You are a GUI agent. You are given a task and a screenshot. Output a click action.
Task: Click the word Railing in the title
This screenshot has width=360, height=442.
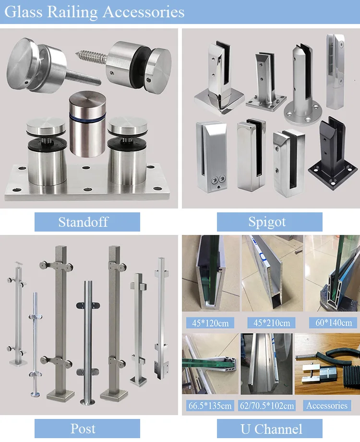tap(72, 12)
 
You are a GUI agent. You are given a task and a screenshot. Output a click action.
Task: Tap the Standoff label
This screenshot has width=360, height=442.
tap(84, 222)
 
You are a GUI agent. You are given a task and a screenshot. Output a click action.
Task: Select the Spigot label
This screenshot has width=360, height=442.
tap(267, 222)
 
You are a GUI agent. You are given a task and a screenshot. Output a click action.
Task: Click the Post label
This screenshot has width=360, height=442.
tap(83, 429)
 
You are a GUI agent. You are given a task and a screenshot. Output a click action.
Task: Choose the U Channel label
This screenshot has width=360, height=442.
tap(271, 429)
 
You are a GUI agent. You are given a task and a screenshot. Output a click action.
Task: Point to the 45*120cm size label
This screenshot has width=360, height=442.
tap(210, 323)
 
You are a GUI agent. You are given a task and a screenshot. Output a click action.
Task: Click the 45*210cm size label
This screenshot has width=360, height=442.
tap(272, 323)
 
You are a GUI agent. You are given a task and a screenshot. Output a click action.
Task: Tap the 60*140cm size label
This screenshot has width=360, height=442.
tap(334, 322)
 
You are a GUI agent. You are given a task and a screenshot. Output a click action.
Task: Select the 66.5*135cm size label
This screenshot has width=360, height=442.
tap(210, 405)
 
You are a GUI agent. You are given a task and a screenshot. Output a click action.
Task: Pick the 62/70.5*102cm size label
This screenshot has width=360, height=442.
tap(267, 405)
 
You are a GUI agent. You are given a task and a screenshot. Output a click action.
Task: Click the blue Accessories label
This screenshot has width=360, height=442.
tap(327, 405)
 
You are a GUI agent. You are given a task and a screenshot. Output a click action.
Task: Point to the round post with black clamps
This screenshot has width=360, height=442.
tap(88, 343)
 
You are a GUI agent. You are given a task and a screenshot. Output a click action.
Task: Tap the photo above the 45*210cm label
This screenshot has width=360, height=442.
tap(272, 273)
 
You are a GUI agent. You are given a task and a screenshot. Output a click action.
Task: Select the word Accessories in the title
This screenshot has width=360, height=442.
tap(144, 12)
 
